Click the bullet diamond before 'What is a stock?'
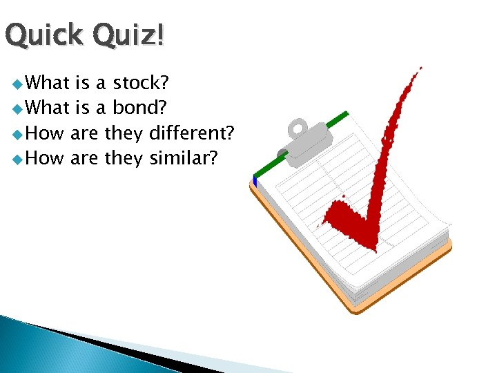point(16,85)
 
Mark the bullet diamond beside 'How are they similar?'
point(16,160)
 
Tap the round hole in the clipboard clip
point(298,128)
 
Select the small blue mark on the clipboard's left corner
point(255,182)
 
